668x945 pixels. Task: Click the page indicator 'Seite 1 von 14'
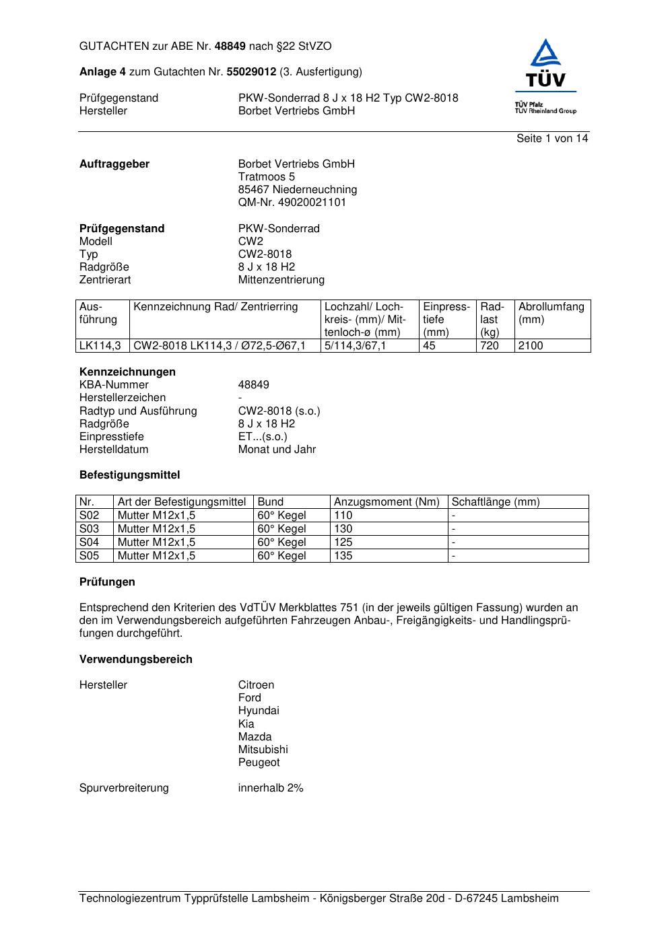tap(552, 139)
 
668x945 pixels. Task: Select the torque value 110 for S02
tap(343, 516)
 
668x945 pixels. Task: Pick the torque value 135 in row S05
tap(343, 556)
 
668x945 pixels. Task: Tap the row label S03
tap(89, 529)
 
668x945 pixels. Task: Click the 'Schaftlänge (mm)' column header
tap(496, 502)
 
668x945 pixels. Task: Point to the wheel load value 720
tap(490, 346)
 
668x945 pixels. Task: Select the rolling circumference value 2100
tap(531, 346)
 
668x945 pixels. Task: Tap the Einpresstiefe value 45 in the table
tap(430, 346)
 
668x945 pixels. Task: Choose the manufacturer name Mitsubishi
tap(263, 750)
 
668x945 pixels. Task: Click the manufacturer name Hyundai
tap(259, 711)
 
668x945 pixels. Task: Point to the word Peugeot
tap(259, 763)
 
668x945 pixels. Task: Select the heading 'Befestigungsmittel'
tap(130, 475)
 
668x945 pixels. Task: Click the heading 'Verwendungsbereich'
tap(136, 660)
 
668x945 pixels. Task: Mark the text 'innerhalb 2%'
tap(271, 788)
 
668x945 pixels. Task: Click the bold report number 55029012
tap(251, 72)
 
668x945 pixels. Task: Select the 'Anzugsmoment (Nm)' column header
tap(387, 502)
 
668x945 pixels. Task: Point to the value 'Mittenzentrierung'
tap(281, 280)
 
